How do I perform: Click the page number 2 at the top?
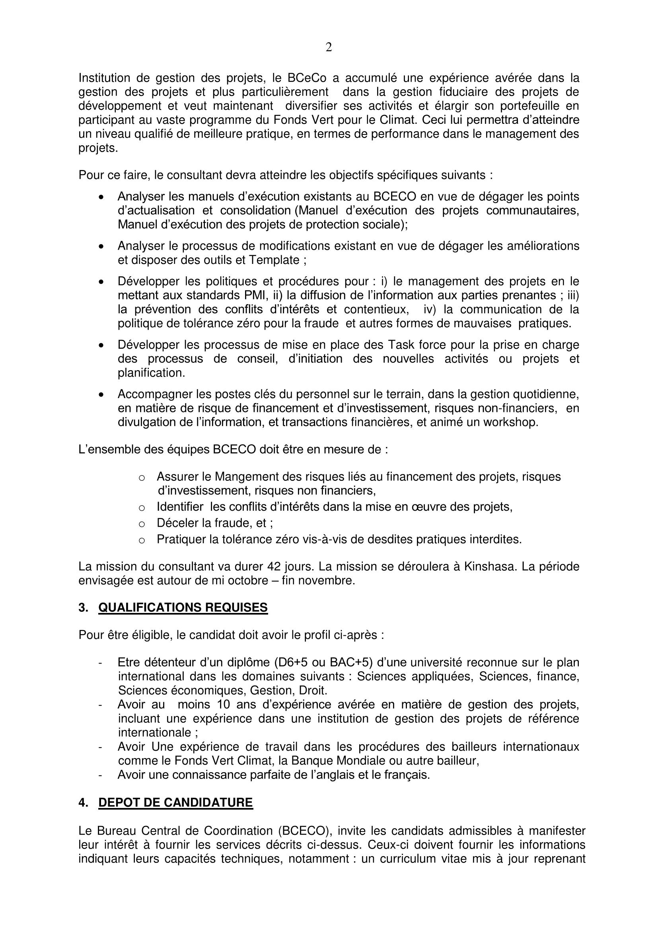click(x=329, y=48)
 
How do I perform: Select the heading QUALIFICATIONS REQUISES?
click(x=183, y=607)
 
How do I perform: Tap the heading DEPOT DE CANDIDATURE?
click(x=175, y=802)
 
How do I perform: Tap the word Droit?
click(x=313, y=690)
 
